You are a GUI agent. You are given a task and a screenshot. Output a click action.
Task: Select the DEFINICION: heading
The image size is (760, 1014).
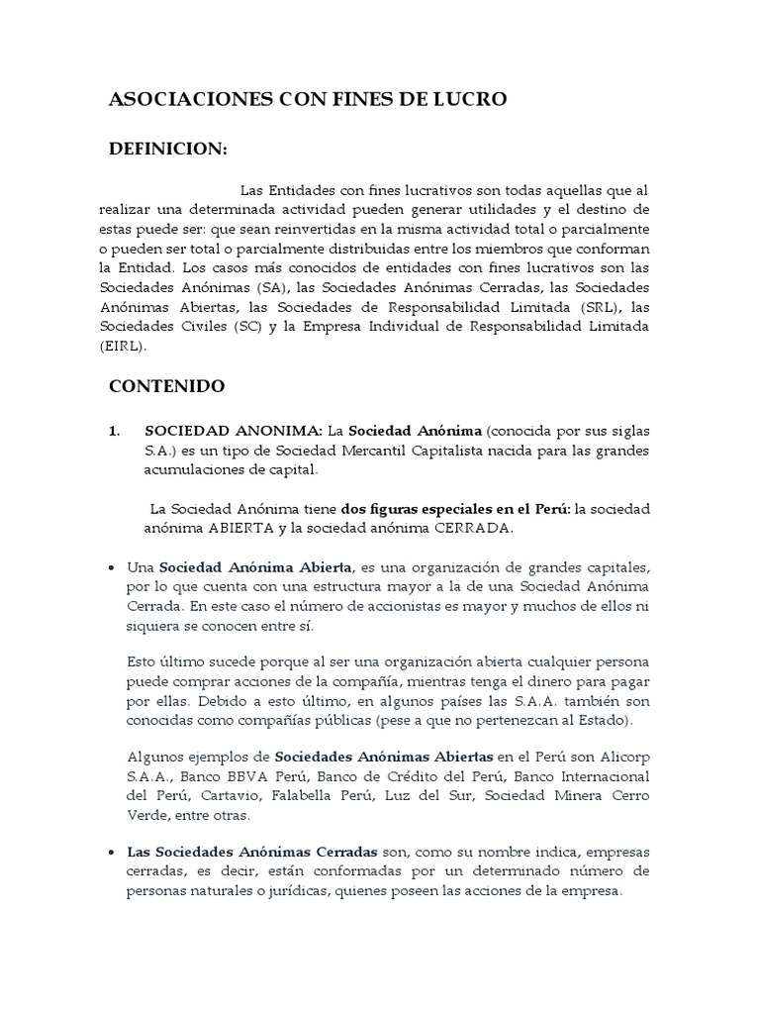pyautogui.click(x=167, y=149)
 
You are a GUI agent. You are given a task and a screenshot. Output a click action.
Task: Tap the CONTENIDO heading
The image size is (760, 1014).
pyautogui.click(x=166, y=385)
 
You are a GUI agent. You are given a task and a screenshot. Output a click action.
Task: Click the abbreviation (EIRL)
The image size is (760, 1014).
pyautogui.click(x=123, y=347)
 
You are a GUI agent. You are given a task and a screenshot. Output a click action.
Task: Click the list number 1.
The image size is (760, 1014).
pyautogui.click(x=113, y=431)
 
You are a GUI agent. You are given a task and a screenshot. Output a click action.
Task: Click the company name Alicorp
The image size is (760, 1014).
pyautogui.click(x=622, y=758)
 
